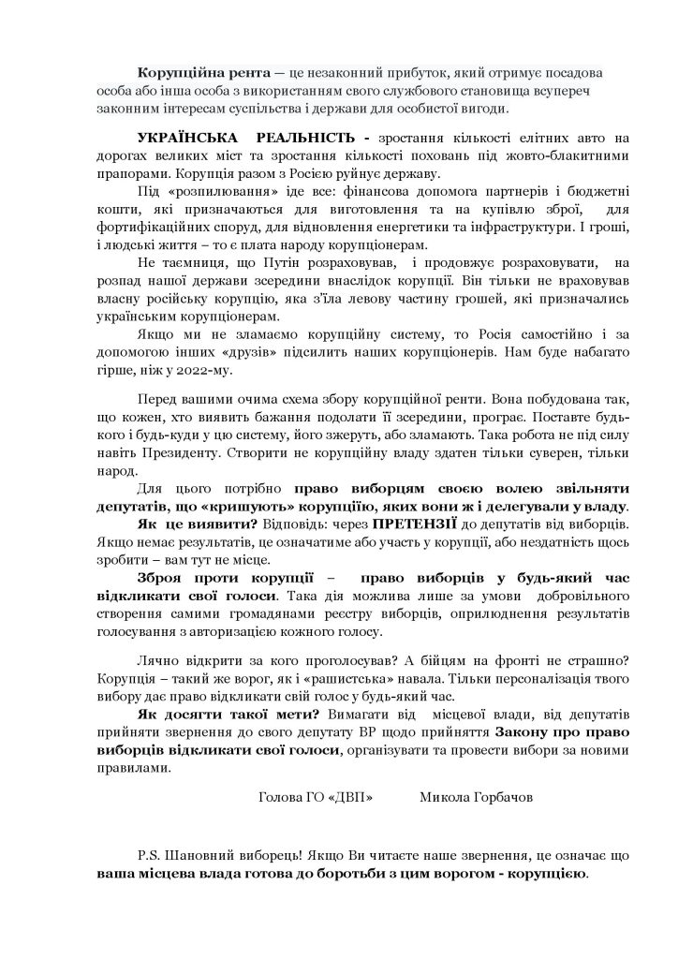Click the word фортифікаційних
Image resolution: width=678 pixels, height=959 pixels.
[x=154, y=227]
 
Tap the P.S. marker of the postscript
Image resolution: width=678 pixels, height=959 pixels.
[x=145, y=857]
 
